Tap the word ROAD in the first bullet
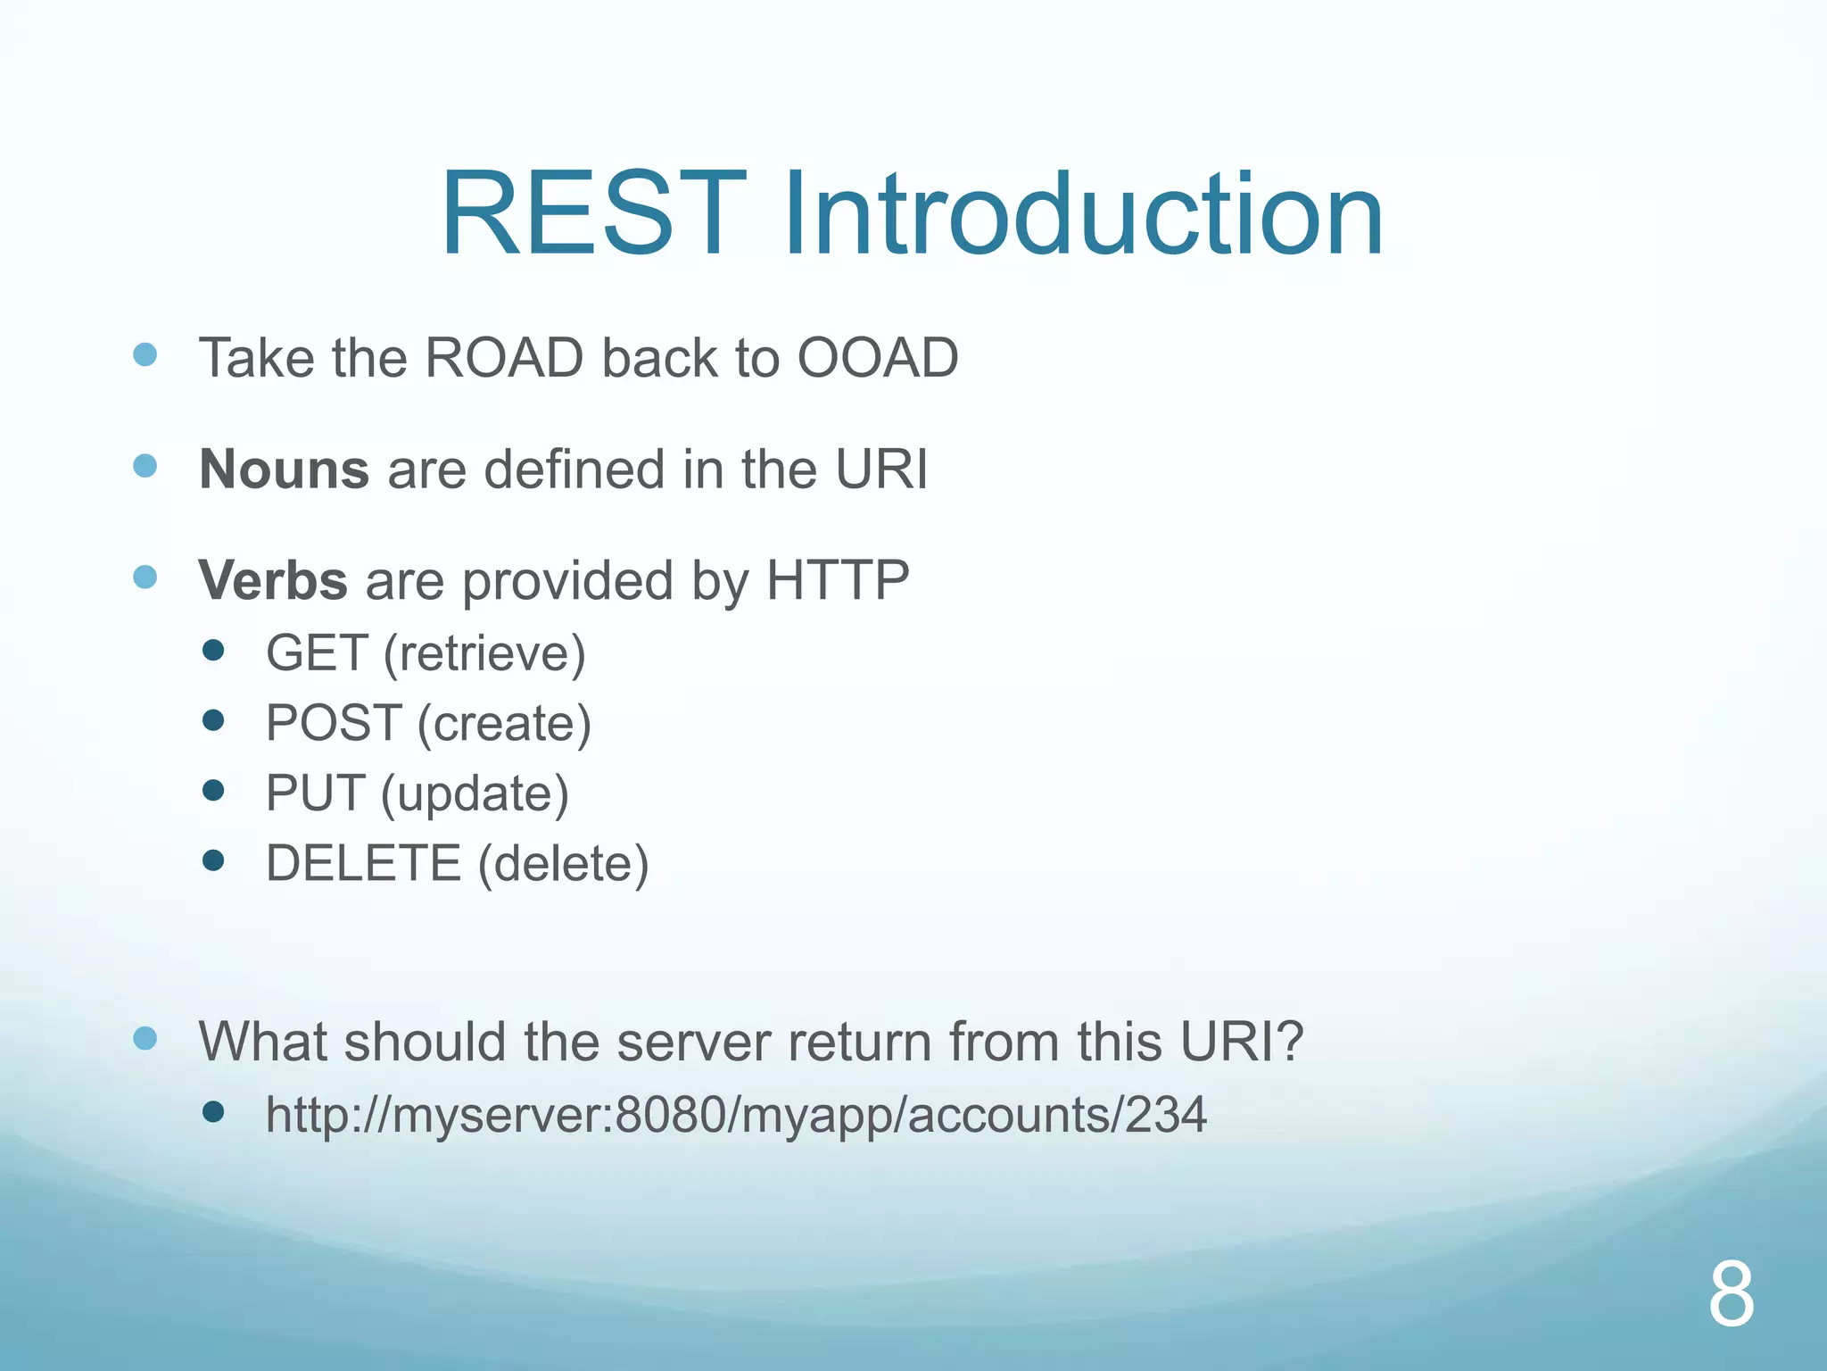(x=504, y=358)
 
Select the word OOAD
(x=877, y=358)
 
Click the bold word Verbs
(x=273, y=580)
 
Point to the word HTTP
(x=837, y=580)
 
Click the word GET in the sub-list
(x=317, y=652)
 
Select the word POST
(x=334, y=723)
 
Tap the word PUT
(x=315, y=793)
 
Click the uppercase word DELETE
(x=363, y=863)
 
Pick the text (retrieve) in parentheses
(x=484, y=653)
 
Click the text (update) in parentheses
(x=475, y=794)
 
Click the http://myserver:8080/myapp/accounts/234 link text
(x=736, y=1115)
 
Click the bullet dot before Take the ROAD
(x=145, y=354)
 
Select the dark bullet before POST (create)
(x=213, y=719)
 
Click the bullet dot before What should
(x=145, y=1038)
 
